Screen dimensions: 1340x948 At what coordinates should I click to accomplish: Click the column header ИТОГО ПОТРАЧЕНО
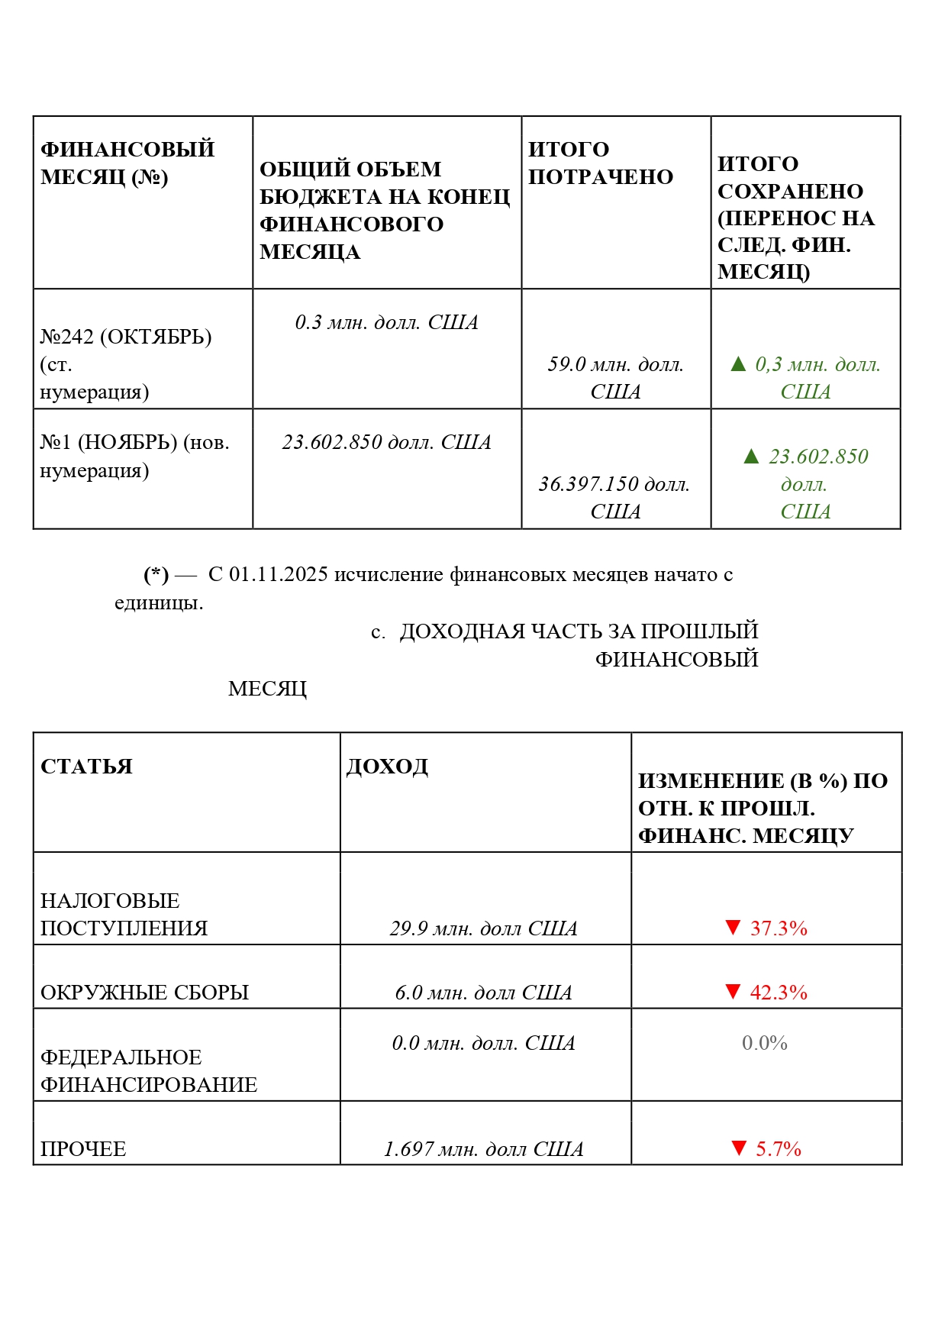coord(600,163)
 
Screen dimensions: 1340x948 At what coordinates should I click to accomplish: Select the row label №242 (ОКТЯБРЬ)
coord(126,337)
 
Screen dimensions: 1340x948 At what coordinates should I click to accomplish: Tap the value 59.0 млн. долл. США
coord(615,377)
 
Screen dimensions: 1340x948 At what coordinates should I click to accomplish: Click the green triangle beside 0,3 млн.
coord(738,364)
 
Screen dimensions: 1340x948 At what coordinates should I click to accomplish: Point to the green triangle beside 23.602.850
coord(751,457)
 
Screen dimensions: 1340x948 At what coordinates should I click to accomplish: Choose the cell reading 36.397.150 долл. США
coord(614,497)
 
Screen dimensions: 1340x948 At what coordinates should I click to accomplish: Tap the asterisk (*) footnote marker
coord(156,574)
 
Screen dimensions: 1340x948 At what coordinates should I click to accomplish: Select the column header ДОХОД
coord(387,766)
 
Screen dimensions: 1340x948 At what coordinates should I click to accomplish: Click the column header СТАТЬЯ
coord(86,766)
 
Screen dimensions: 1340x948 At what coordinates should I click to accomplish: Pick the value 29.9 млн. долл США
coord(483,928)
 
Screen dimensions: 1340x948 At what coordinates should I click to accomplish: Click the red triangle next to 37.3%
coord(733,928)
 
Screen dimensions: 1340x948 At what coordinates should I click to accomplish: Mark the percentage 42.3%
coord(779,993)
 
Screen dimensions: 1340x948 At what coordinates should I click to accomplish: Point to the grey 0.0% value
coord(765,1043)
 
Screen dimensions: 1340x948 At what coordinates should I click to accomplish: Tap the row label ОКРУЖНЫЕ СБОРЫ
coord(144,993)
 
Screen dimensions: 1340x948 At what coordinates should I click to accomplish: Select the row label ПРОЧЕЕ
coord(83,1149)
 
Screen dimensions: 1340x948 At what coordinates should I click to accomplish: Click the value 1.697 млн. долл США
coord(483,1149)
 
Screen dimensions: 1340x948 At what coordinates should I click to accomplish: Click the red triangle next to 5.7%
coord(738,1148)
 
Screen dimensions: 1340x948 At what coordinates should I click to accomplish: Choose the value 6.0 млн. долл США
coord(483,993)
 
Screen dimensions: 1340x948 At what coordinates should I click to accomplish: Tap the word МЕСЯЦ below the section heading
coord(267,689)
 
